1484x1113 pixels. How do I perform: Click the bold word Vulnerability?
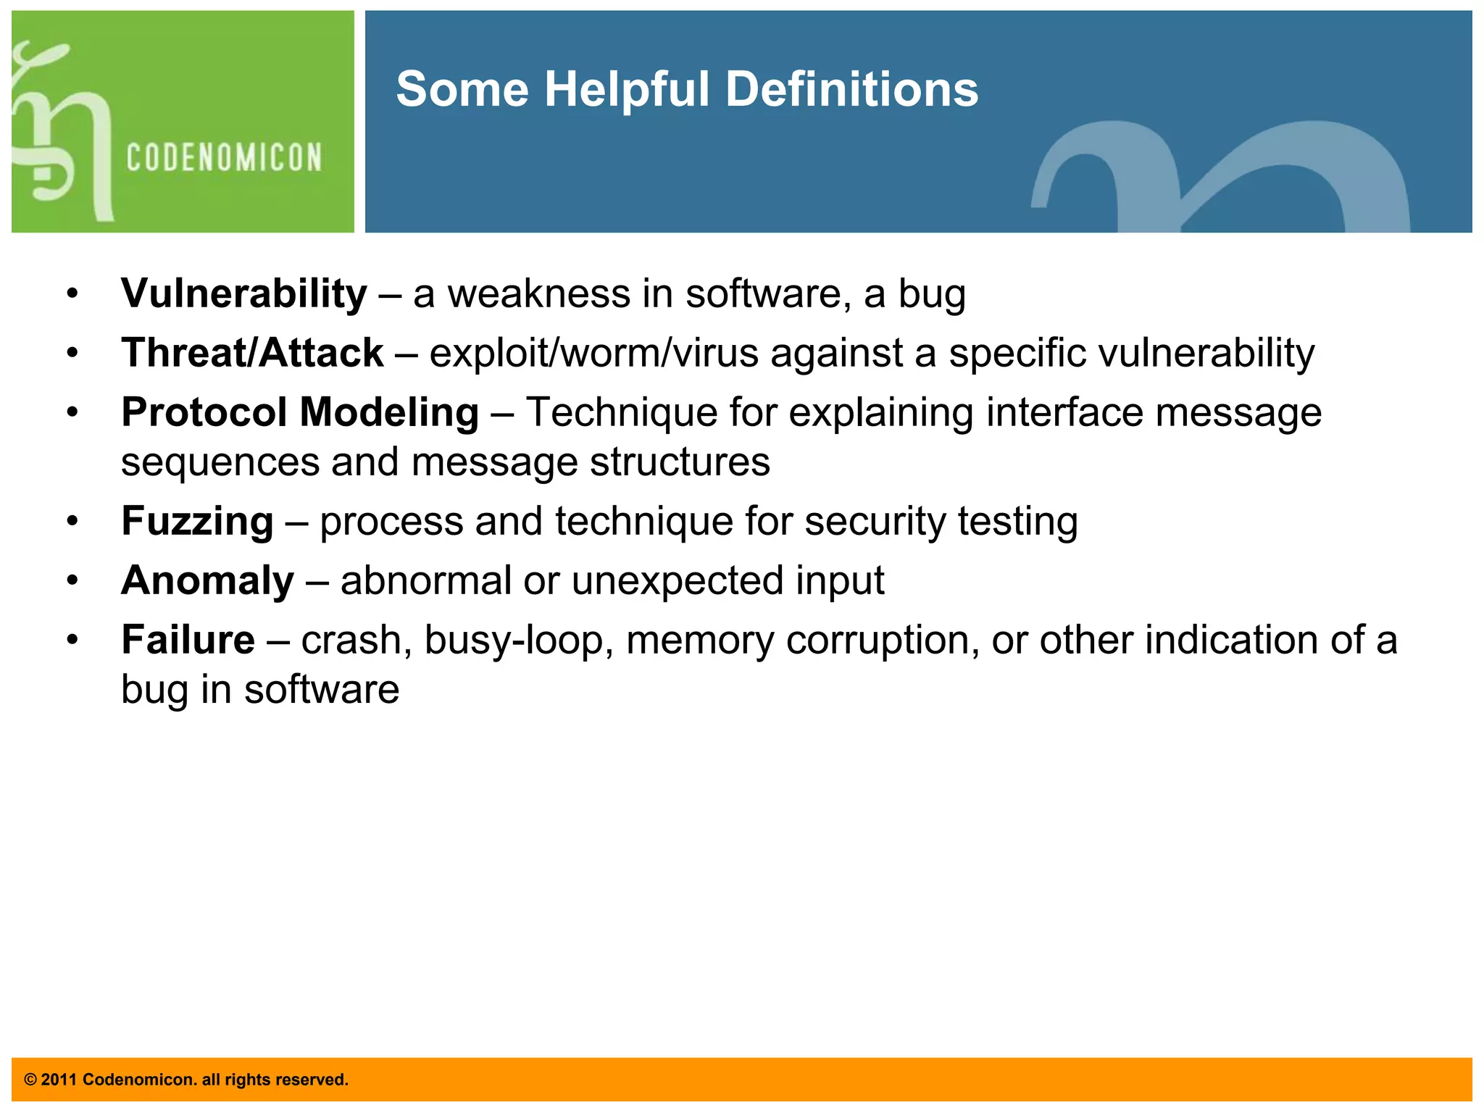click(x=243, y=294)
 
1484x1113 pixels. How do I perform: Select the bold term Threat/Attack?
click(x=251, y=354)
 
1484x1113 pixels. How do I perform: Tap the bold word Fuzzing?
click(x=197, y=522)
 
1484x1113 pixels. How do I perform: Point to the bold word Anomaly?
click(x=207, y=581)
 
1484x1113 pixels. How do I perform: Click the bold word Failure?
click(x=188, y=641)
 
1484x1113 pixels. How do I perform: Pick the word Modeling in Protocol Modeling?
click(x=389, y=413)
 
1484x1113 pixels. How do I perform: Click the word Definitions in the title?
click(x=851, y=89)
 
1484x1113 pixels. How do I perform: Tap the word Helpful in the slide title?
click(x=627, y=89)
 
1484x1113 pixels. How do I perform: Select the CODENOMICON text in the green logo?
click(x=224, y=158)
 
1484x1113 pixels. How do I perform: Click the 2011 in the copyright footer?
click(x=59, y=1080)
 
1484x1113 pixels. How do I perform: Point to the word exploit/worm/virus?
click(x=593, y=354)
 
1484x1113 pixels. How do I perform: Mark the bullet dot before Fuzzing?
click(x=72, y=522)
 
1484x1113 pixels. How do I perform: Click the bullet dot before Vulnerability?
click(x=72, y=295)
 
